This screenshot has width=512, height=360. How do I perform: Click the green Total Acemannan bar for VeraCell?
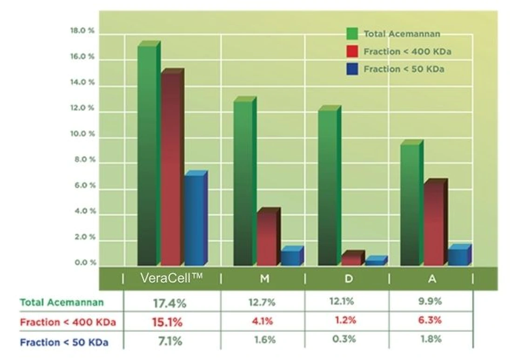[149, 153]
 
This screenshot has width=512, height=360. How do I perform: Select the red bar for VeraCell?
[172, 167]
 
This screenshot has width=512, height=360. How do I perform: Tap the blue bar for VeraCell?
[196, 218]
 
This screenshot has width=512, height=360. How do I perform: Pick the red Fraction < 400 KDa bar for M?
[269, 236]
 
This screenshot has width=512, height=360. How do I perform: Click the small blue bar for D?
[376, 260]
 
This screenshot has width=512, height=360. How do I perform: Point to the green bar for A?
[412, 203]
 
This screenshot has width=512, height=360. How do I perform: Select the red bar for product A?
[436, 222]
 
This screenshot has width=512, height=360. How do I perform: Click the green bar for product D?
[330, 185]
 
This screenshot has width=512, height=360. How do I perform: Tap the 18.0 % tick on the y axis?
[82, 30]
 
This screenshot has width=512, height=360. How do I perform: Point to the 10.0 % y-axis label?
[82, 134]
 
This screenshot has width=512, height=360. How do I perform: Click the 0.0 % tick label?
[85, 262]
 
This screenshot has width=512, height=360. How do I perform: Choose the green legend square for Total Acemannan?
[352, 34]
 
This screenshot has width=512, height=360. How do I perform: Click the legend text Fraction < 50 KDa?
[404, 69]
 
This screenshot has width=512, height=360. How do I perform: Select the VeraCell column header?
[171, 278]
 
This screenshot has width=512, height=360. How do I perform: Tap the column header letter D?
[349, 278]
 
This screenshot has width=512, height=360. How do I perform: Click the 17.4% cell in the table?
[169, 304]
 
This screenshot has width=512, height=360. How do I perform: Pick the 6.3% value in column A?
[430, 320]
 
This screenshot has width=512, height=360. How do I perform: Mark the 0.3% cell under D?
[344, 339]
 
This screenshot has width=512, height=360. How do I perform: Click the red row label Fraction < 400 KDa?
[68, 322]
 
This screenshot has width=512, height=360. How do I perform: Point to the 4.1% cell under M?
[262, 321]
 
